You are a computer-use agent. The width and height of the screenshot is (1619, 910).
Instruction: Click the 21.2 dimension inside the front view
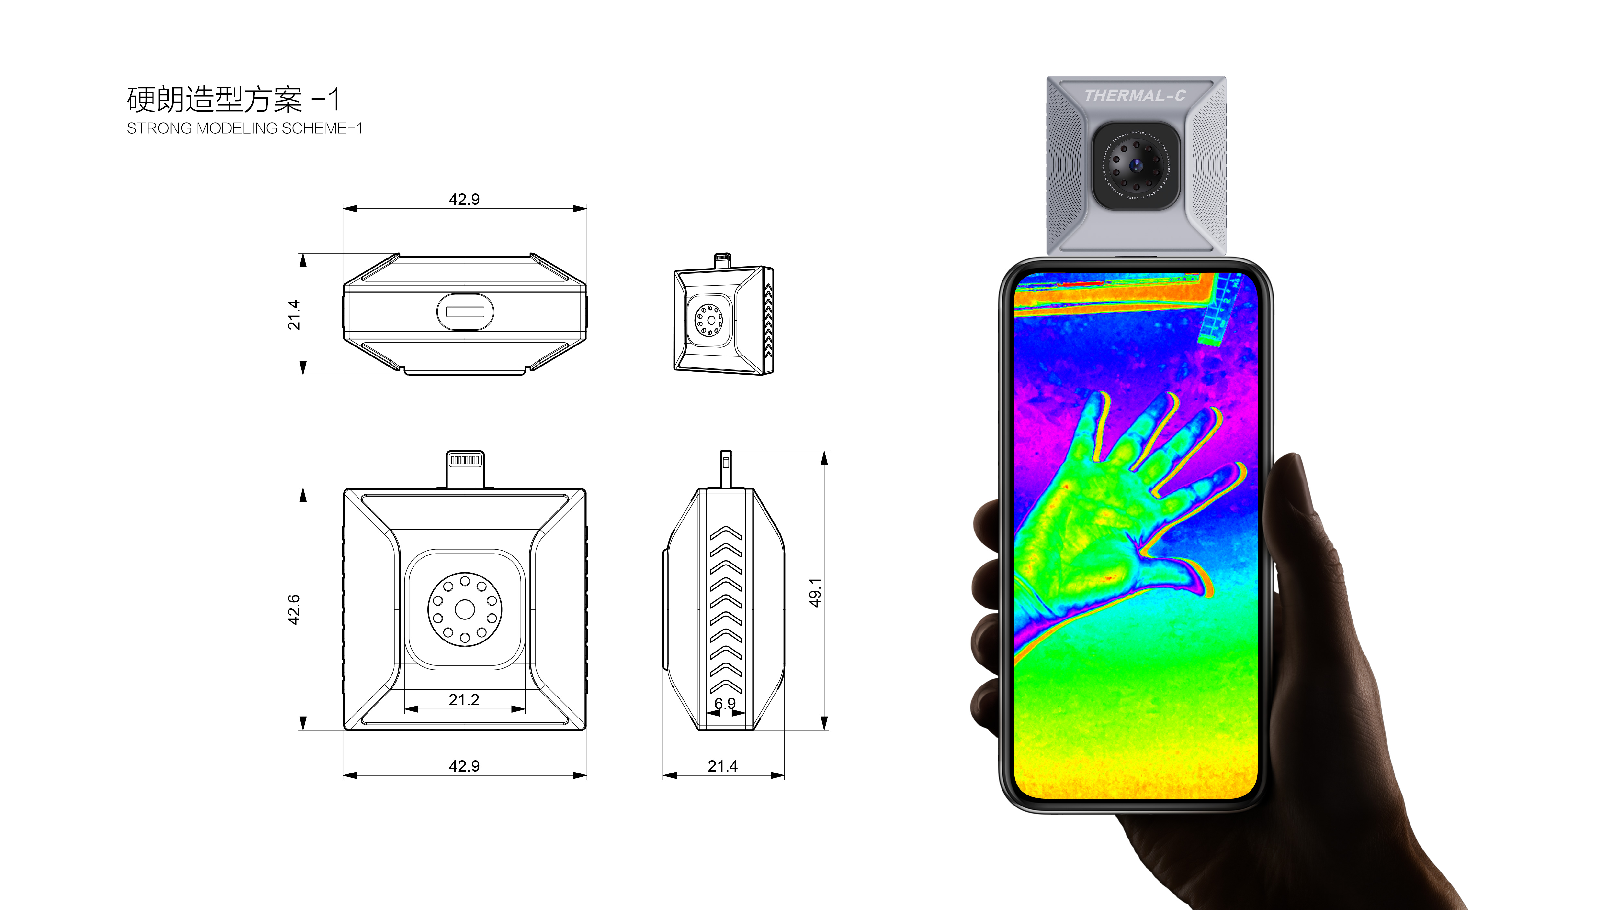pyautogui.click(x=464, y=700)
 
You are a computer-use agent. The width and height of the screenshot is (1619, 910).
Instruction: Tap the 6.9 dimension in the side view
pyautogui.click(x=725, y=703)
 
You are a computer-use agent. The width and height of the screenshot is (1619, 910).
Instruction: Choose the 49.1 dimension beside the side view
pyautogui.click(x=815, y=592)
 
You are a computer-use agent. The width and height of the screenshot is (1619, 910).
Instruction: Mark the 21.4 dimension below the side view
pyautogui.click(x=723, y=766)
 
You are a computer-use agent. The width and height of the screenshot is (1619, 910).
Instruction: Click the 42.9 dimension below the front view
pyautogui.click(x=464, y=766)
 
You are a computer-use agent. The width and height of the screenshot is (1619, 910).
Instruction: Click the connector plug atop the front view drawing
pyautogui.click(x=465, y=468)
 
